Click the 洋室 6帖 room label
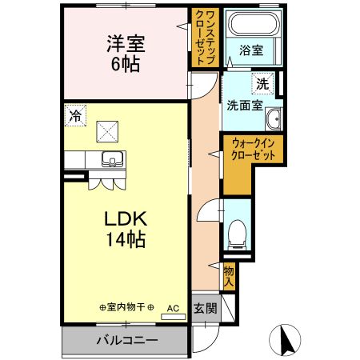[x=125, y=52]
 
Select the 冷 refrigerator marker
[x=74, y=115]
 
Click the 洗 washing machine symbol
[x=262, y=82]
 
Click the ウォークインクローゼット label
[x=254, y=150]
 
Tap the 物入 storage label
[x=229, y=276]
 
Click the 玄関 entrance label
[x=204, y=309]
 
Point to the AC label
[x=173, y=307]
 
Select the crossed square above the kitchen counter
[x=106, y=130]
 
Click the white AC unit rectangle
[x=173, y=317]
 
